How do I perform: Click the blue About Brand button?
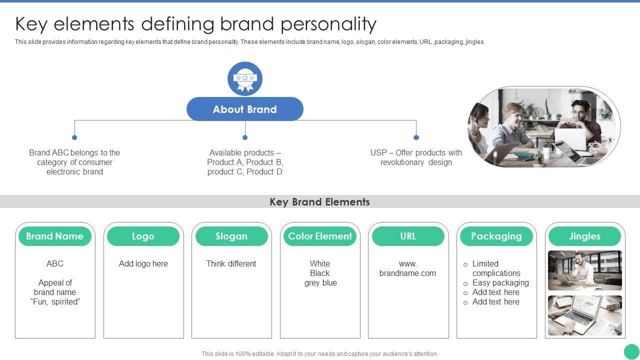pyautogui.click(x=245, y=109)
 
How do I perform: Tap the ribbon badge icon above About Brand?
pyautogui.click(x=245, y=78)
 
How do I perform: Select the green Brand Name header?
pyautogui.click(x=55, y=236)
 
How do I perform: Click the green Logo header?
pyautogui.click(x=143, y=236)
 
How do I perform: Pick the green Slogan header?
pyautogui.click(x=231, y=236)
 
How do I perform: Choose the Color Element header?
pyautogui.click(x=320, y=236)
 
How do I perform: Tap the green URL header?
pyautogui.click(x=408, y=236)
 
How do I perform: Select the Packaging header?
pyautogui.click(x=496, y=236)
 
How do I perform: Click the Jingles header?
pyautogui.click(x=584, y=236)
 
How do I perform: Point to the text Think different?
pyautogui.click(x=231, y=263)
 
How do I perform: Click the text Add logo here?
pyautogui.click(x=143, y=263)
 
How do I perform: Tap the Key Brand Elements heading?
pyautogui.click(x=320, y=202)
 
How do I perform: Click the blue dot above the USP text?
pyautogui.click(x=416, y=137)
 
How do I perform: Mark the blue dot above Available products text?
pyautogui.click(x=245, y=137)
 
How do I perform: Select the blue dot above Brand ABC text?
pyautogui.click(x=74, y=137)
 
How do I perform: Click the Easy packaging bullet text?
pyautogui.click(x=500, y=282)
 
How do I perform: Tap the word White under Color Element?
pyautogui.click(x=320, y=263)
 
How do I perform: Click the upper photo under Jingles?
pyautogui.click(x=585, y=270)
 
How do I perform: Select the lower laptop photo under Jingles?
pyautogui.click(x=585, y=315)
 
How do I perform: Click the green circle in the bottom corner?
pyautogui.click(x=631, y=351)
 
